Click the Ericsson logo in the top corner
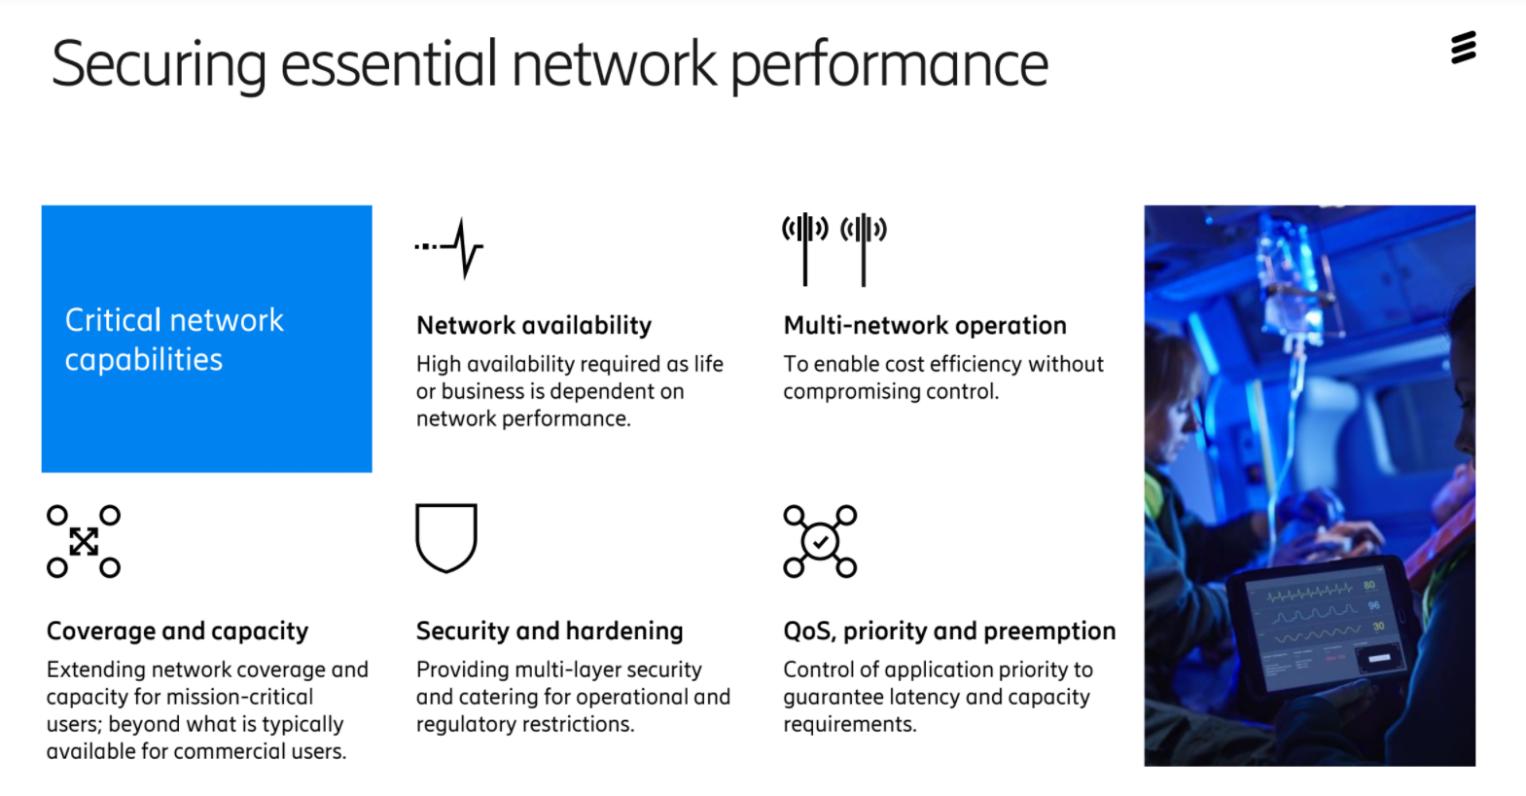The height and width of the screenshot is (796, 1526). [1463, 47]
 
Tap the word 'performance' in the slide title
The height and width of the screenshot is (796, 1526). [889, 65]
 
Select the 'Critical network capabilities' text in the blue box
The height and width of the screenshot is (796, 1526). [174, 340]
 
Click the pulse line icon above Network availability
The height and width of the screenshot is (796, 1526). [450, 248]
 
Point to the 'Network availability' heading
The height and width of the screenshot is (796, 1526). [534, 325]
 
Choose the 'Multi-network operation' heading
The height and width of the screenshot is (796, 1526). [924, 325]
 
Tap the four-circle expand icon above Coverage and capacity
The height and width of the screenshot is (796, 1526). [84, 541]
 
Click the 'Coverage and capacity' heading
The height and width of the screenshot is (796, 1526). [177, 631]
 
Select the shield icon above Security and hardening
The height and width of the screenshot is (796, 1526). [446, 537]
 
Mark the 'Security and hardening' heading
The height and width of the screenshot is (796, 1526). [550, 631]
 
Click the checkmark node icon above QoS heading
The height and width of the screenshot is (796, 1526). [820, 541]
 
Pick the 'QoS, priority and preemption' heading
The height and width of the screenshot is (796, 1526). [949, 631]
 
